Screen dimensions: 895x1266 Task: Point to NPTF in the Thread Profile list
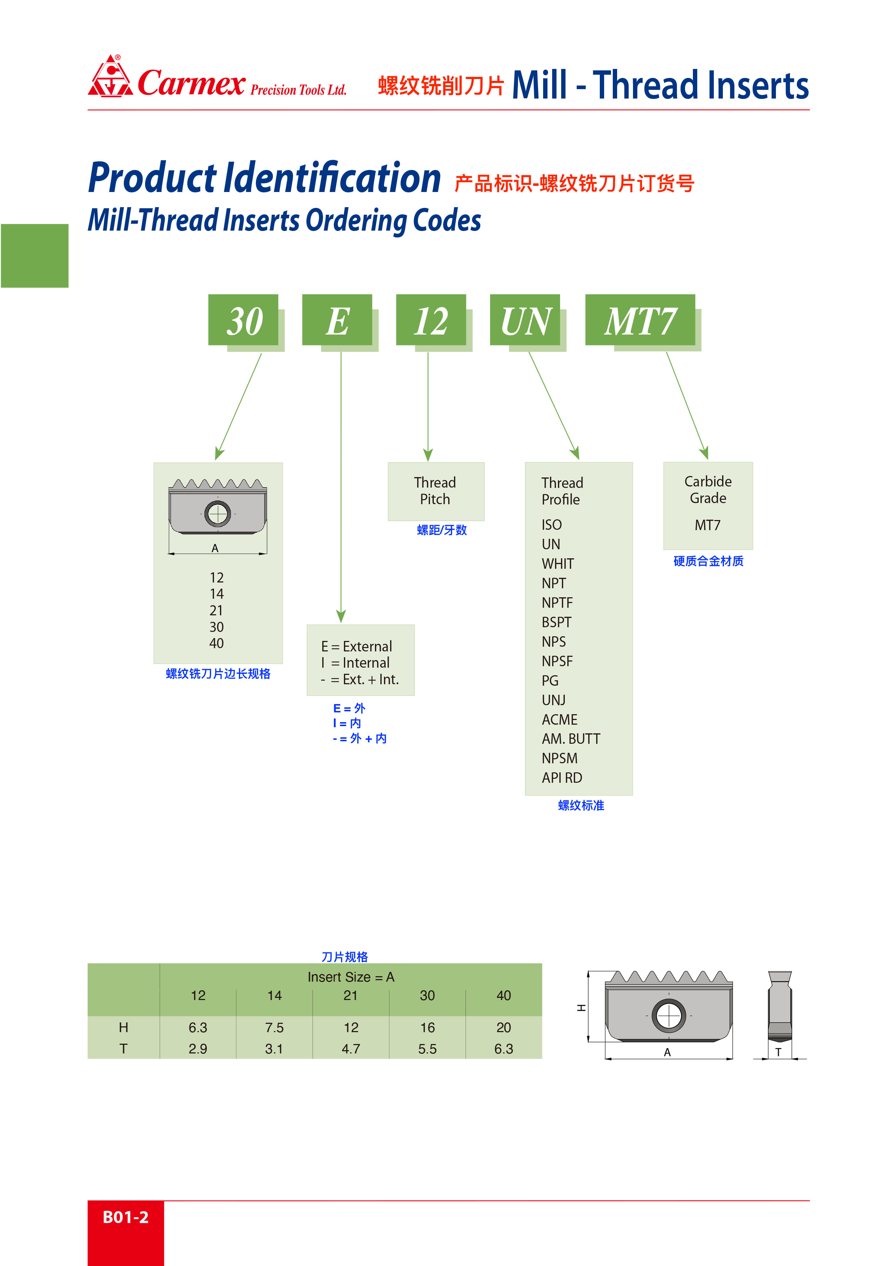point(557,603)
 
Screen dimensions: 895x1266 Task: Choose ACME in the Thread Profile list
point(559,720)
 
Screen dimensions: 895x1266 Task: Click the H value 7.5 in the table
point(274,1028)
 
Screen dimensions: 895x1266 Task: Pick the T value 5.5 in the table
point(427,1049)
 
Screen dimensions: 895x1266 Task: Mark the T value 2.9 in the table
point(198,1049)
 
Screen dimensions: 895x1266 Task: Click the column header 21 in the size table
point(351,996)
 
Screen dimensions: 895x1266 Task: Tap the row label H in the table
point(123,1028)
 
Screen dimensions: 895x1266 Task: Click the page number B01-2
point(126,1217)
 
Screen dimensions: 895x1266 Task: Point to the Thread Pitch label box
point(436,491)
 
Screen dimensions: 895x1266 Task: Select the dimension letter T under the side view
point(778,1052)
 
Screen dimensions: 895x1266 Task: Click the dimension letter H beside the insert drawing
point(581,1008)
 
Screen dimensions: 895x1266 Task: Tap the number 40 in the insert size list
point(216,643)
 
